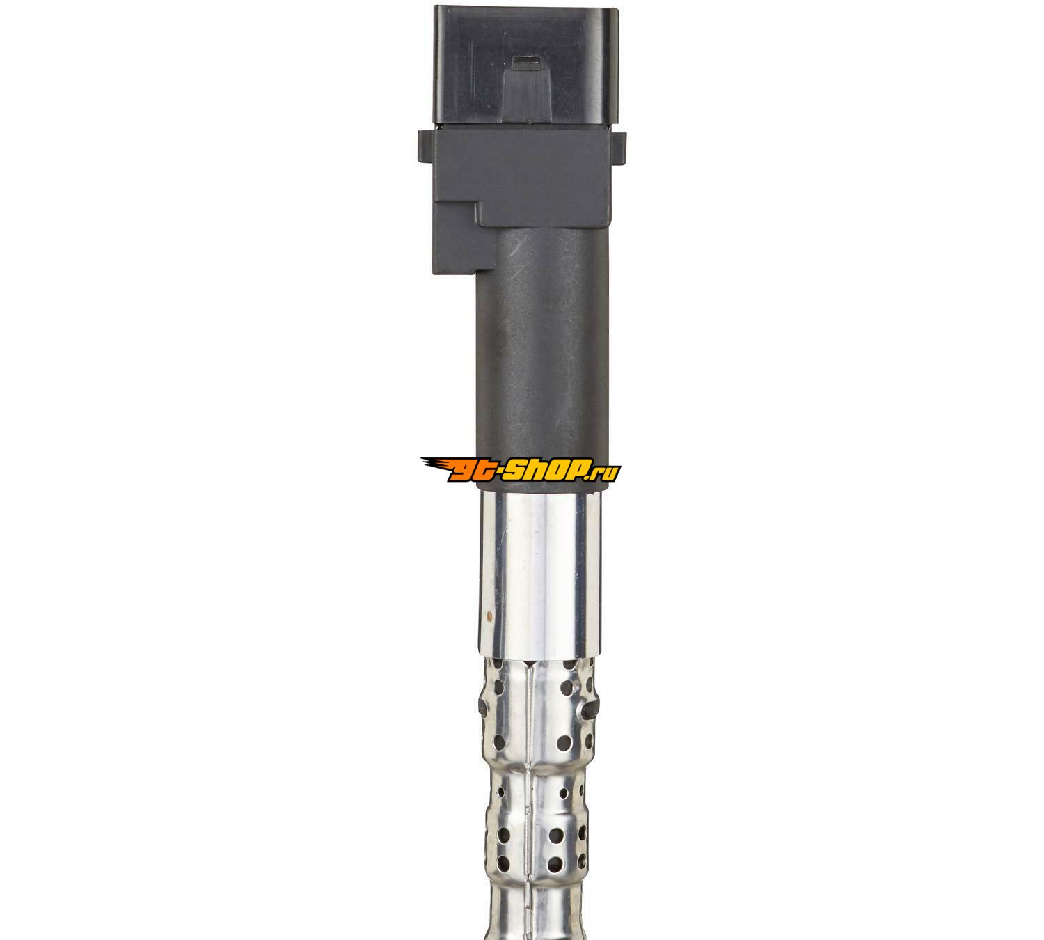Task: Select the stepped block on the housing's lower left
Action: (x=458, y=237)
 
